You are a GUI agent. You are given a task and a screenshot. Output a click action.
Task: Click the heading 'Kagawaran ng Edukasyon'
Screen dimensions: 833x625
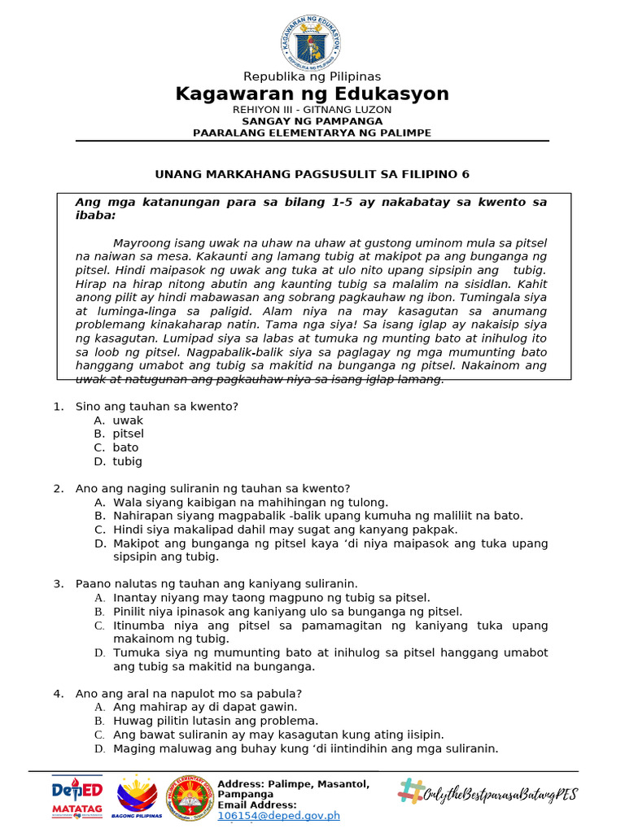312,94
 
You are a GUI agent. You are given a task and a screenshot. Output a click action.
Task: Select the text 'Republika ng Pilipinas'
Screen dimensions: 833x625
312,77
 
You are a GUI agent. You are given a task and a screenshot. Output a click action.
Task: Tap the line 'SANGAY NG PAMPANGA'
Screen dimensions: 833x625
312,121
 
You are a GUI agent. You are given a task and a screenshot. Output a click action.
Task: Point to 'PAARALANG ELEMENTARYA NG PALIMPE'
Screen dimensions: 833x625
312,133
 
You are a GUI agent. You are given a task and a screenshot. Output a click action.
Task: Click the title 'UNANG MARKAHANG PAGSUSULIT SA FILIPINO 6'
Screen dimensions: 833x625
312,174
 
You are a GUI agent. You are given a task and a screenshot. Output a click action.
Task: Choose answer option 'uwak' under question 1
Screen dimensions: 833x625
128,421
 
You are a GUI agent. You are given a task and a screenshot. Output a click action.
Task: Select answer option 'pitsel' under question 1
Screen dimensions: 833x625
129,434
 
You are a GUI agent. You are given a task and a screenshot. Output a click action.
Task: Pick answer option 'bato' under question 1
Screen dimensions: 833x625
126,448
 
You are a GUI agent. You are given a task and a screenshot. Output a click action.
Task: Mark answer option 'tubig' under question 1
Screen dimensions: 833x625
128,462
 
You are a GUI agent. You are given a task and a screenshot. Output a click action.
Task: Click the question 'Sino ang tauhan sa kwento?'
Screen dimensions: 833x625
156,407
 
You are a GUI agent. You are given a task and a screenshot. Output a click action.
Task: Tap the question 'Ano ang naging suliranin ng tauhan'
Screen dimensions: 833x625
212,489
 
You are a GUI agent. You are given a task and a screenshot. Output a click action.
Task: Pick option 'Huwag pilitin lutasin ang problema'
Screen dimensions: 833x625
216,721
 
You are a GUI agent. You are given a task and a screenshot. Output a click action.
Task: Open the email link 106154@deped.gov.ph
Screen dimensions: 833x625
278,816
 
